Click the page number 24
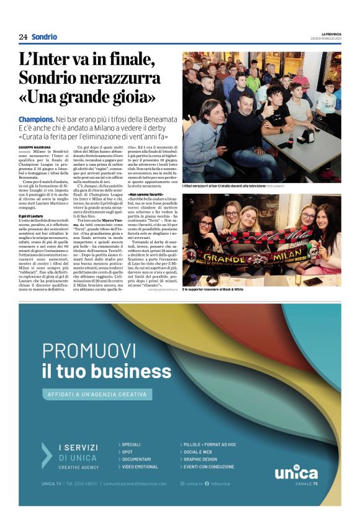[23, 37]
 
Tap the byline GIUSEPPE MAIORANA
[32, 146]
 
